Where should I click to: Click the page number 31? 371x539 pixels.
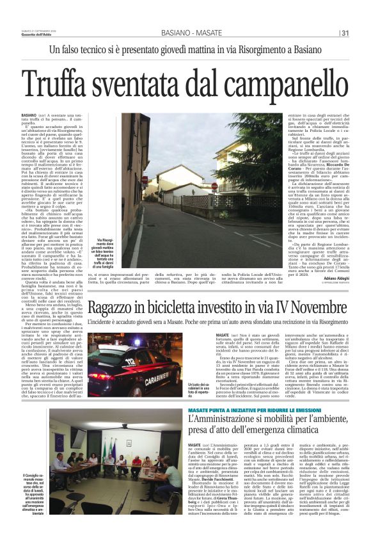(345, 33)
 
